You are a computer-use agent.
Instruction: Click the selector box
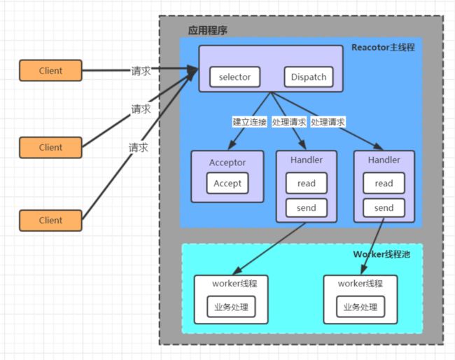(x=234, y=77)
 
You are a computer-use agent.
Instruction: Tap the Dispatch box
(x=309, y=77)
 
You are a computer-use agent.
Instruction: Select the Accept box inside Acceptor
(x=227, y=184)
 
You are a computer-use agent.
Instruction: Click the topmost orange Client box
(x=50, y=70)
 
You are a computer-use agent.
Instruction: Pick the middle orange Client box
(x=50, y=148)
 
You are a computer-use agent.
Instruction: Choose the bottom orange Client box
(x=50, y=221)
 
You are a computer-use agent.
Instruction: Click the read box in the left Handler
(x=307, y=184)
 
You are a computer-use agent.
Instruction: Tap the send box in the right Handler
(x=384, y=208)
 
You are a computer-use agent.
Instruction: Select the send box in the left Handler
(x=307, y=208)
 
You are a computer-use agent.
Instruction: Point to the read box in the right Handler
(x=384, y=184)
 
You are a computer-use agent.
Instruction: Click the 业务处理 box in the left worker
(x=231, y=307)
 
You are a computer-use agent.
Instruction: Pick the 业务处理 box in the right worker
(x=360, y=307)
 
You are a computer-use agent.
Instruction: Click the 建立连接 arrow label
(x=250, y=122)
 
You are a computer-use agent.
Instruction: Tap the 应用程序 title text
(x=207, y=31)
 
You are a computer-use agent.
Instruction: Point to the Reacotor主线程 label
(x=383, y=48)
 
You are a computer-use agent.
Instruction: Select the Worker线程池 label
(x=381, y=254)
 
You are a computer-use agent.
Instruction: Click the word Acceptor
(x=227, y=162)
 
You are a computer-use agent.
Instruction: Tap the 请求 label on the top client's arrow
(x=141, y=71)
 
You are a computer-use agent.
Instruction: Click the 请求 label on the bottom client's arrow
(x=139, y=148)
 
